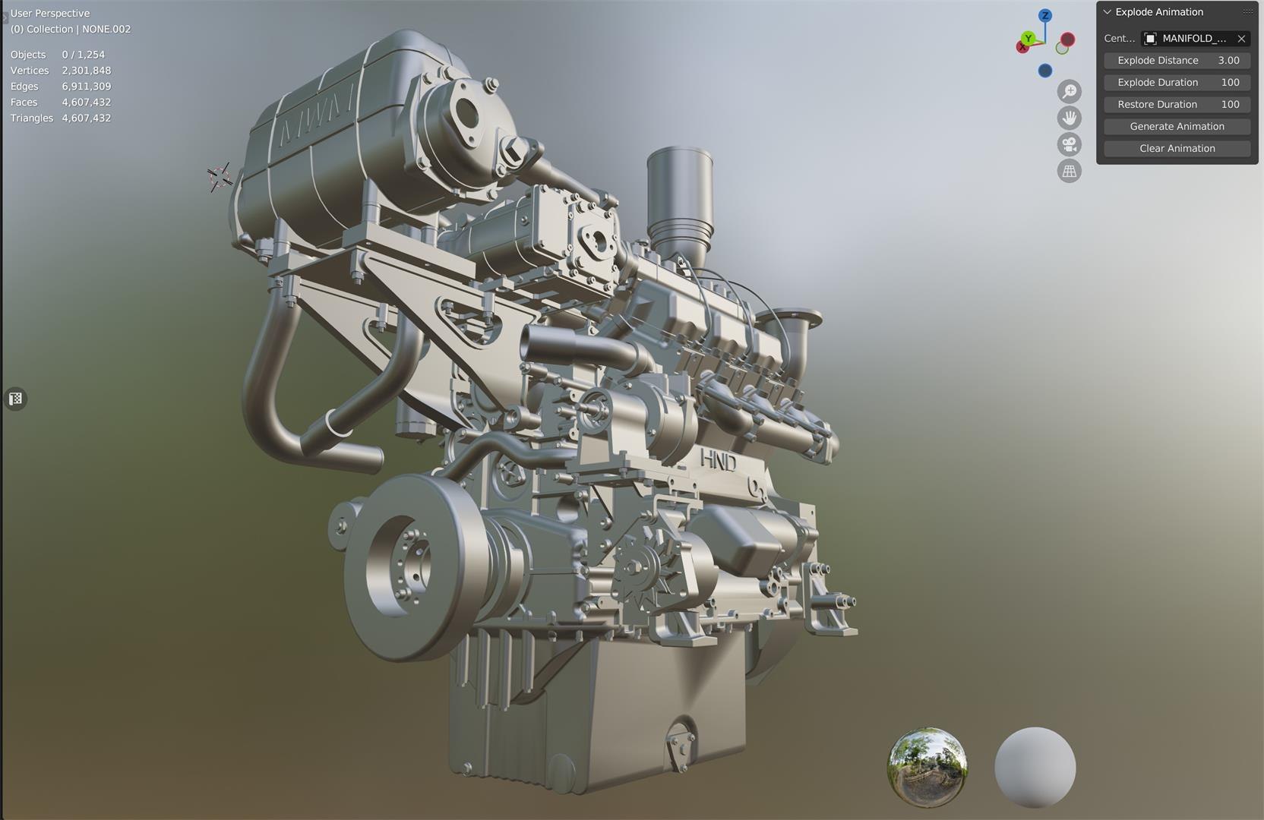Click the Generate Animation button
pos(1177,126)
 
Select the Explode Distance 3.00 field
pos(1177,60)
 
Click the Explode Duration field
pos(1177,82)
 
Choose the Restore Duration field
pos(1177,104)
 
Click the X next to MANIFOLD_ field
pos(1241,38)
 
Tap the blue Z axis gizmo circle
pos(1045,15)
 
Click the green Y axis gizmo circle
pos(1028,38)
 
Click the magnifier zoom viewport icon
pos(1070,91)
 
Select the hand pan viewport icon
pos(1070,118)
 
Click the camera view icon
pos(1070,144)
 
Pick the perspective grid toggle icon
pos(1070,171)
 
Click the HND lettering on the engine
pos(717,460)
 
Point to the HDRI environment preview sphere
pos(927,767)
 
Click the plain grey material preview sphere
pos(1035,767)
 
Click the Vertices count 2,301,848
pos(86,71)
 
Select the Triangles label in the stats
pos(32,118)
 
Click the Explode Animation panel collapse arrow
pos(1107,12)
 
